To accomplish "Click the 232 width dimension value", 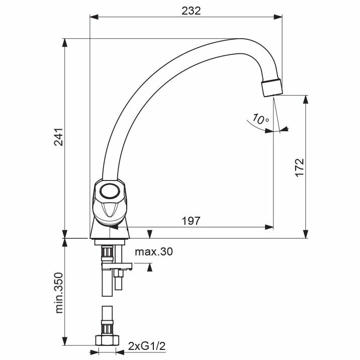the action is coord(191,11).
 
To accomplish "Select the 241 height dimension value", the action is coord(58,137).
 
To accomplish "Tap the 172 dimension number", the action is coord(300,167).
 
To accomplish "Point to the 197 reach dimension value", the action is coord(191,221).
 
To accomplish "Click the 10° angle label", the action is coord(261,119).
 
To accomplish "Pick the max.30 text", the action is coord(154,251).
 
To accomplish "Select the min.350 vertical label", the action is coord(59,293).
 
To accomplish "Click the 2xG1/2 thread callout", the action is coord(147,346).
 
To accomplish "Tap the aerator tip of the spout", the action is coord(272,87).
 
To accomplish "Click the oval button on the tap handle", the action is coord(110,191).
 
